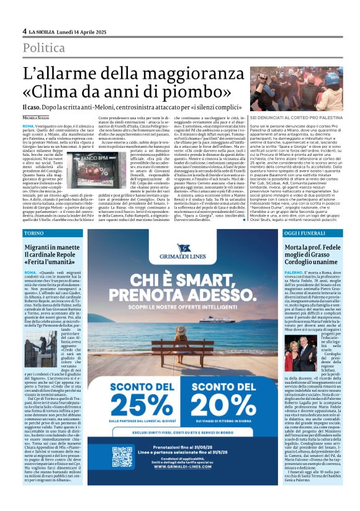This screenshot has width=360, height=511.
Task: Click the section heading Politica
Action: point(44,48)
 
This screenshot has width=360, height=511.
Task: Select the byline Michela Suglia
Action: point(35,117)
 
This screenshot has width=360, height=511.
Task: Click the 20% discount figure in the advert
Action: point(215,392)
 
